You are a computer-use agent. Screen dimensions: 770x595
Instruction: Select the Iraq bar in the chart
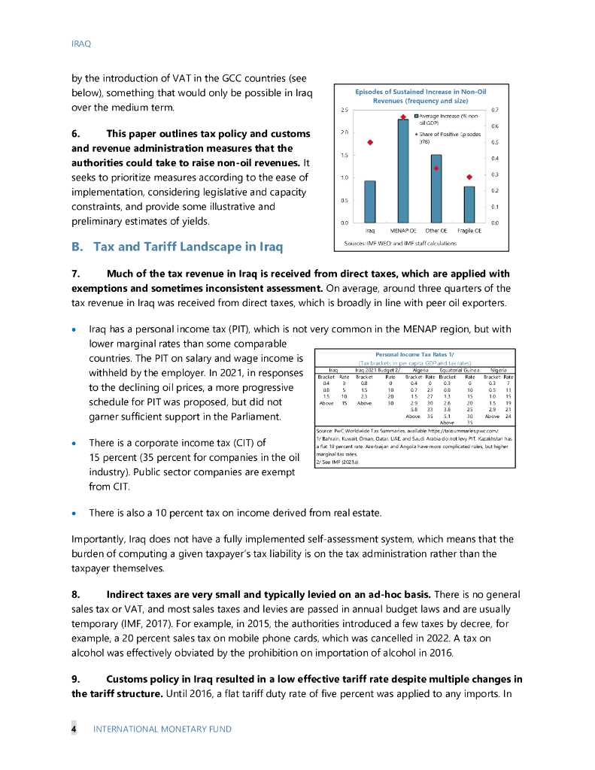pos(369,202)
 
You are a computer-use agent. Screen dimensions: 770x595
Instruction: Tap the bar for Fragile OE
pos(469,205)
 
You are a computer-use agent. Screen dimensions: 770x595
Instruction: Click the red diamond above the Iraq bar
pos(369,142)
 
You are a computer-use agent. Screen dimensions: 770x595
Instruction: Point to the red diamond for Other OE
pos(436,168)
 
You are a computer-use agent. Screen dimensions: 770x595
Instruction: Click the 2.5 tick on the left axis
pos(344,111)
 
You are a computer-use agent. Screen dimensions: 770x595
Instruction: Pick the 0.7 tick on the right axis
pos(495,111)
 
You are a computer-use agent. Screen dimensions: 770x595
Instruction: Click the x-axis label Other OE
pos(436,230)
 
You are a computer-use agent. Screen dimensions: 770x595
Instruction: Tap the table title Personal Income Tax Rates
pos(414,354)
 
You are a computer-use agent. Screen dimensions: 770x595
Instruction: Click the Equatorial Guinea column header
pos(459,370)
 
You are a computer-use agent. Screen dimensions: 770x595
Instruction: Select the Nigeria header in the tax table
pos(497,370)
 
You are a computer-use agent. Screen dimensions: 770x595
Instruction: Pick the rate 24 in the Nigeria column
pos(508,416)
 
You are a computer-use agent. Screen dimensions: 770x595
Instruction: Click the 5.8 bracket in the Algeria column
pos(414,410)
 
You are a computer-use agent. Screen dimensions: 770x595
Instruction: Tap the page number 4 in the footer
pos(74,729)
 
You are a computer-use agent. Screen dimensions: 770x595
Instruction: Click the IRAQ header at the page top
pos(81,44)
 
